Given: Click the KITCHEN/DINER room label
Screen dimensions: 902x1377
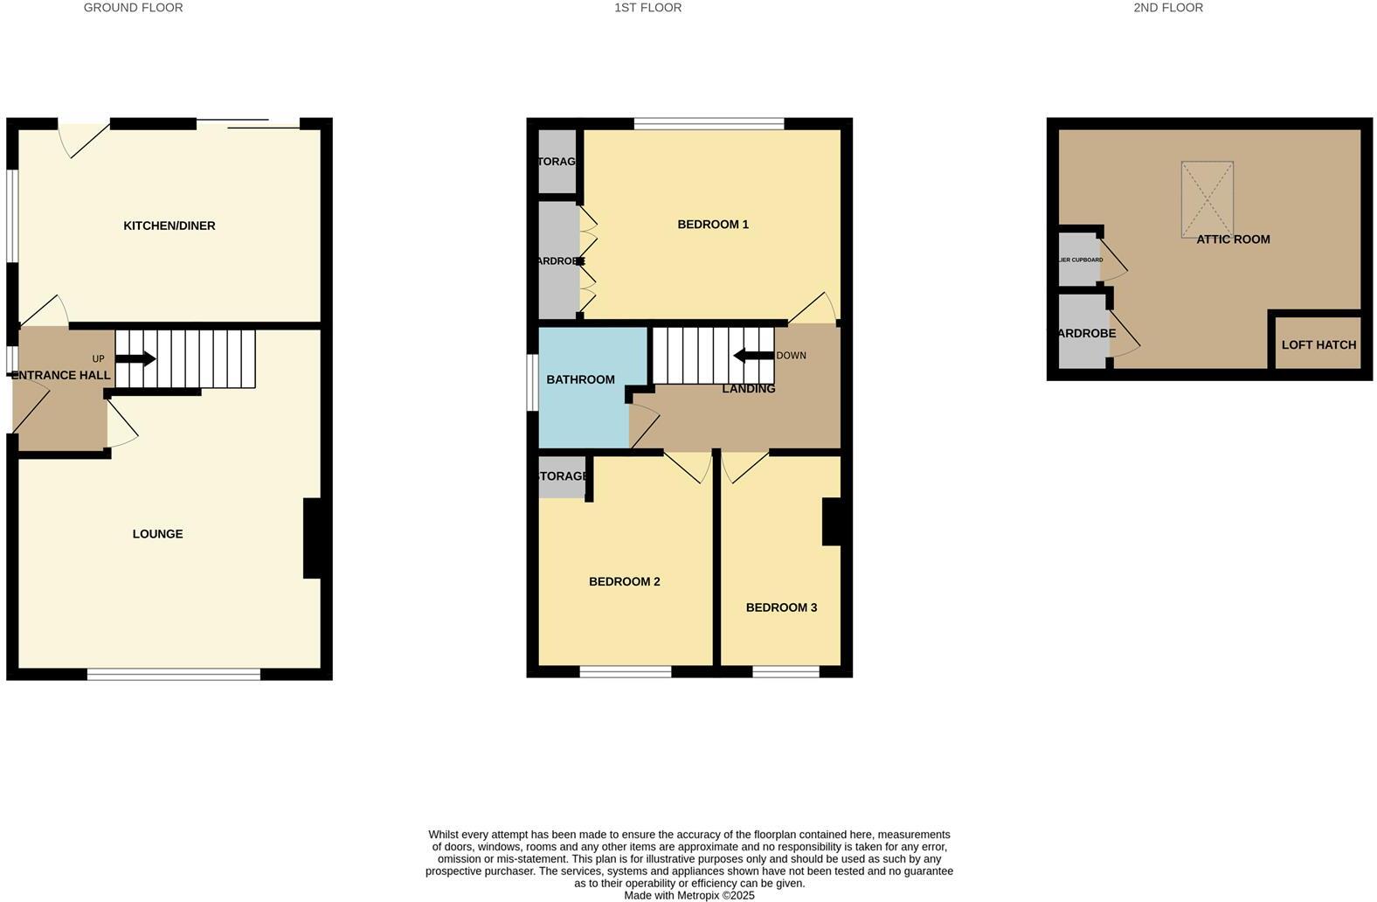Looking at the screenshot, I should pyautogui.click(x=169, y=225).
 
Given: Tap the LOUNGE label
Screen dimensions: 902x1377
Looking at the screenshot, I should pyautogui.click(x=157, y=534).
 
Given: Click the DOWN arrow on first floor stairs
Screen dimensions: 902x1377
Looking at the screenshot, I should pyautogui.click(x=753, y=356).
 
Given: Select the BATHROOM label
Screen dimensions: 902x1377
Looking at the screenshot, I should pyautogui.click(x=580, y=379).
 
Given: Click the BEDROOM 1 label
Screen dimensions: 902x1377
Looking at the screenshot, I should pyautogui.click(x=713, y=225).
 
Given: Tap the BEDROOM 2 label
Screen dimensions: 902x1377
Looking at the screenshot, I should pyautogui.click(x=624, y=581).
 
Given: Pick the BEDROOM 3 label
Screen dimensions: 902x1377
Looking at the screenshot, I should pyautogui.click(x=781, y=607).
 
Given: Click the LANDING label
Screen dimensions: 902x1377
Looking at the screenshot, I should pyautogui.click(x=748, y=389).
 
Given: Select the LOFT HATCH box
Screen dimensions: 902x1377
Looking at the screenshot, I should pyautogui.click(x=1318, y=344).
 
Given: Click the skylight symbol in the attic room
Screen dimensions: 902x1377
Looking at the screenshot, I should pyautogui.click(x=1207, y=199).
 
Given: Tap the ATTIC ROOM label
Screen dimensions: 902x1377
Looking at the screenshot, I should pyautogui.click(x=1233, y=239).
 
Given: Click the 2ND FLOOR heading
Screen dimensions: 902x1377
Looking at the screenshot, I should pyautogui.click(x=1167, y=8).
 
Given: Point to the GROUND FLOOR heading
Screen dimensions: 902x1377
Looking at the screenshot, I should pyautogui.click(x=133, y=8).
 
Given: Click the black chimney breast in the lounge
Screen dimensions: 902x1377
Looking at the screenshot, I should pyautogui.click(x=312, y=538).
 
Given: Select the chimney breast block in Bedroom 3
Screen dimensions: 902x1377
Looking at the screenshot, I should pyautogui.click(x=832, y=522).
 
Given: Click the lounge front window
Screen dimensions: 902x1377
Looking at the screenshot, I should pyautogui.click(x=174, y=674).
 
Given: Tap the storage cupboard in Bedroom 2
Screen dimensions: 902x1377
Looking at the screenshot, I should pyautogui.click(x=562, y=477).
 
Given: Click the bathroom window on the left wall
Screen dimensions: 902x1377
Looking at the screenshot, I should pyautogui.click(x=532, y=382).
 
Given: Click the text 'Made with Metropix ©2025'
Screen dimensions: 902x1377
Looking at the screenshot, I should pyautogui.click(x=688, y=895).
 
